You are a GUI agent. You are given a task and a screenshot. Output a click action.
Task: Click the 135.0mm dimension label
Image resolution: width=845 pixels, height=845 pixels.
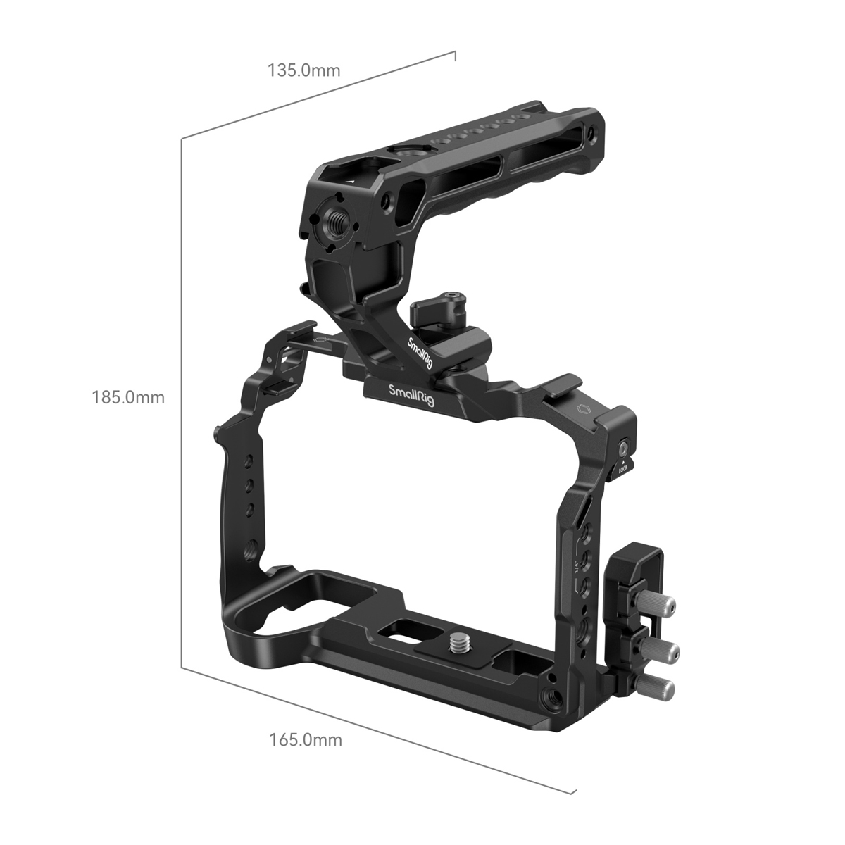pyautogui.click(x=303, y=70)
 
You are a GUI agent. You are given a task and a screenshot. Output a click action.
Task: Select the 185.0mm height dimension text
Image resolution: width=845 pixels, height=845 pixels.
pyautogui.click(x=128, y=397)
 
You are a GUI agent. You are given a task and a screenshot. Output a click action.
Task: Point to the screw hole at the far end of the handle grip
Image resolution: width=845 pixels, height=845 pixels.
pyautogui.click(x=589, y=132)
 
